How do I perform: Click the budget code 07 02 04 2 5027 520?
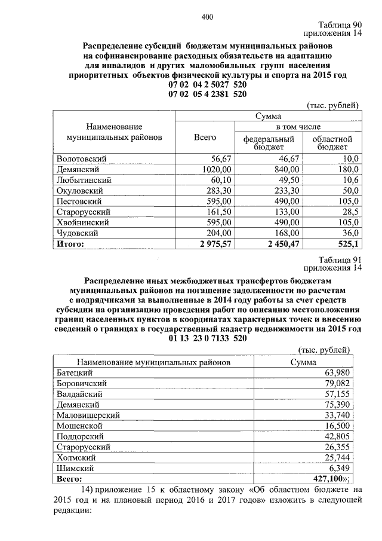[208, 85]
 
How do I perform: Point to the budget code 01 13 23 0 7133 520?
[208, 339]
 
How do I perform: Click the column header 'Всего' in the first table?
[205, 137]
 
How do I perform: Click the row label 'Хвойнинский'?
[81, 222]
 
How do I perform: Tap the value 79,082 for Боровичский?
[342, 383]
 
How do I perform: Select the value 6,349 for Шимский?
[344, 469]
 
